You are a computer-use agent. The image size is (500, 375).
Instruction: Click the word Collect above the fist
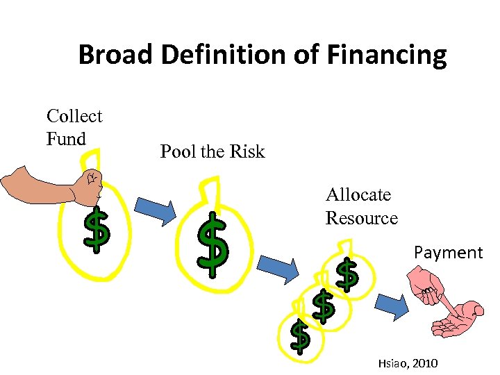point(74,116)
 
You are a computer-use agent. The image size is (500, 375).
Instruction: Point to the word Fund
point(66,139)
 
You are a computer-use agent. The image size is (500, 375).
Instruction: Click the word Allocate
point(358,195)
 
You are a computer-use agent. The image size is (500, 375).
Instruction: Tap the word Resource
point(361,218)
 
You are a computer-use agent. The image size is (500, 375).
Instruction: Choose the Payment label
point(448,252)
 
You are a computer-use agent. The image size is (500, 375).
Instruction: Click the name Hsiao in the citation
point(392,362)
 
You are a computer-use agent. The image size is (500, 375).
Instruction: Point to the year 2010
point(424,362)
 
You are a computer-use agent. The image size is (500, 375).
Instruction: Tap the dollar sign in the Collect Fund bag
point(97,231)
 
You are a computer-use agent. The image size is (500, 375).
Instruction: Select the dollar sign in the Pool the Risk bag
point(212,243)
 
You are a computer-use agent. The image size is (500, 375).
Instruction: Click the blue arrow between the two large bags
point(156,212)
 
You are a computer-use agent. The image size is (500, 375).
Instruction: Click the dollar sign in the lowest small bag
point(299,336)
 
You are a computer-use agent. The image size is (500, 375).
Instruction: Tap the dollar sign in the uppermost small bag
point(347,275)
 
